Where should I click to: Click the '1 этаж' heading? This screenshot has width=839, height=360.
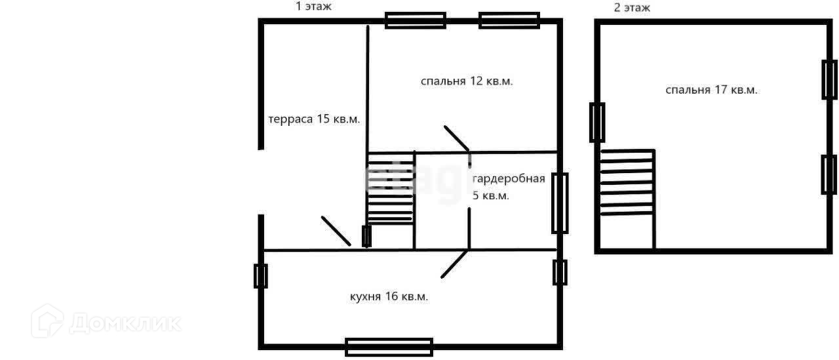[x=314, y=7]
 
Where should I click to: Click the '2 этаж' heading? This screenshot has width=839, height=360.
[x=632, y=8]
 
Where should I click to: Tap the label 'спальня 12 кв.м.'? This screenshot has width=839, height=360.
[x=466, y=81]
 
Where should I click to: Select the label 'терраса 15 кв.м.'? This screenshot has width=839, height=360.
[x=314, y=119]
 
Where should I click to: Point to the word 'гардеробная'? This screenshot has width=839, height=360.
[x=509, y=179]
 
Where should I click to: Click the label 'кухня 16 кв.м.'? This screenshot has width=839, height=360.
[x=389, y=296]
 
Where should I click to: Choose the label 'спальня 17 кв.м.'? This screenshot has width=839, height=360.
[x=711, y=90]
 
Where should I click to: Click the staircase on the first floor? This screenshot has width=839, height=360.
[x=390, y=189]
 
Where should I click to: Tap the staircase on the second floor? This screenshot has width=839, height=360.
[x=627, y=182]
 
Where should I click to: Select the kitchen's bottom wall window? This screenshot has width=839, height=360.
[x=389, y=347]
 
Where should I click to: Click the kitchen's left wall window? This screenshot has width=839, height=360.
[x=260, y=276]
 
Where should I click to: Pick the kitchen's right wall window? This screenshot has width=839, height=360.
[x=559, y=272]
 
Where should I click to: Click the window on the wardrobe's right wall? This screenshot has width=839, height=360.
[x=559, y=203]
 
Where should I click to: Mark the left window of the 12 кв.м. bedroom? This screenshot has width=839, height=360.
[x=415, y=20]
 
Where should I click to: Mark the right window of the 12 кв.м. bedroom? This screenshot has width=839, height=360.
[x=509, y=20]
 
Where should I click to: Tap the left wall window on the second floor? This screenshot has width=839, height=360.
[x=596, y=123]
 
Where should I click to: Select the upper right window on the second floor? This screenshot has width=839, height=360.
[x=829, y=79]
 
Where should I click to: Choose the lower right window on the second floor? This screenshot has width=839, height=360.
[x=829, y=174]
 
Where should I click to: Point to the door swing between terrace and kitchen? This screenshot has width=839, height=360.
[x=336, y=231]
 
